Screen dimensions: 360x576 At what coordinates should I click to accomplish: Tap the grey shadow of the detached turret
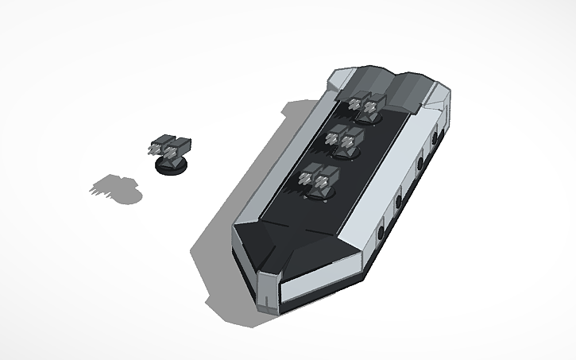tap(115, 188)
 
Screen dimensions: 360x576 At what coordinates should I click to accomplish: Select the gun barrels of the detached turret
tap(153, 149)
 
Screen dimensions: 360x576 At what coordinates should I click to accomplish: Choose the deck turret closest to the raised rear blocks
tap(366, 107)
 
